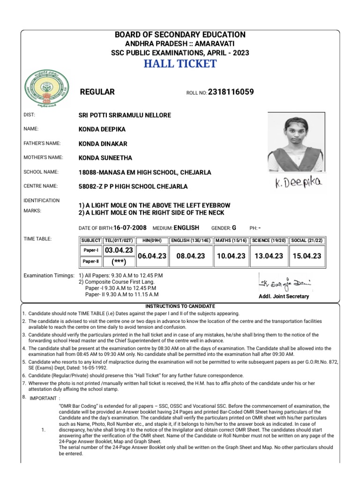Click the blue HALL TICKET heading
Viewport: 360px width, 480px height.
click(x=180, y=64)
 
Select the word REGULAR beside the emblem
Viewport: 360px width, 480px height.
click(x=97, y=92)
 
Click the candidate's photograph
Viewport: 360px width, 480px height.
click(x=295, y=142)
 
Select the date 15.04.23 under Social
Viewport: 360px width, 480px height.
click(x=307, y=256)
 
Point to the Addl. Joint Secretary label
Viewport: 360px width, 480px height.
click(x=284, y=297)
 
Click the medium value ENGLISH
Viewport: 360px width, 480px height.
click(x=186, y=228)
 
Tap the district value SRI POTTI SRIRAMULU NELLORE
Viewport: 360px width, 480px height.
click(x=125, y=115)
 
